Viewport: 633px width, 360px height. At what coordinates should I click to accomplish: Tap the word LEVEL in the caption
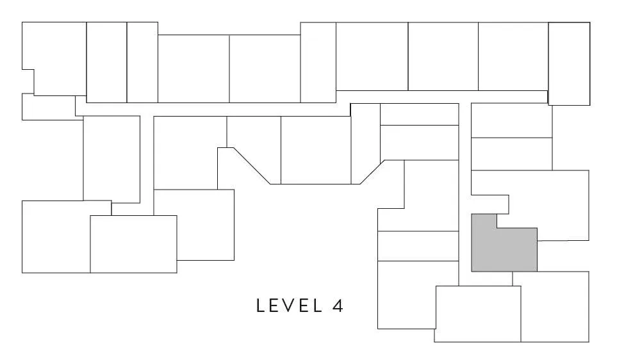pyautogui.click(x=290, y=306)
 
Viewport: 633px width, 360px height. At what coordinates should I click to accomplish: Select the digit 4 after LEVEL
pyautogui.click(x=338, y=306)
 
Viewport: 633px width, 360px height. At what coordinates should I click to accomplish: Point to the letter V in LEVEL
pyautogui.click(x=290, y=306)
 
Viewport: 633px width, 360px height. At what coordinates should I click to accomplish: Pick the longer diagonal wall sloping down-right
pyautogui.click(x=252, y=166)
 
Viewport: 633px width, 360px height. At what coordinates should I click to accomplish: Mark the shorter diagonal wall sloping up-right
pyautogui.click(x=372, y=172)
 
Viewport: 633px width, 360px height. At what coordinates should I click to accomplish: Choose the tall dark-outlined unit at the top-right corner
pyautogui.click(x=569, y=64)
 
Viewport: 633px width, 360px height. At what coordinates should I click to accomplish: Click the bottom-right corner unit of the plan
pyautogui.click(x=555, y=307)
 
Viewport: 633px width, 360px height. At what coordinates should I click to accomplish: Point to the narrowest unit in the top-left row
pyautogui.click(x=142, y=63)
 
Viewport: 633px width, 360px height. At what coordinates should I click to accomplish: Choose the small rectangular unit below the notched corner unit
pyautogui.click(x=49, y=107)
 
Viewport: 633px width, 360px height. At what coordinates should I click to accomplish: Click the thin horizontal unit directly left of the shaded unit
pyautogui.click(x=418, y=246)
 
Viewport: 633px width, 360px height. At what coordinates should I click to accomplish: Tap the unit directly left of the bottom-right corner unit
pyautogui.click(x=477, y=314)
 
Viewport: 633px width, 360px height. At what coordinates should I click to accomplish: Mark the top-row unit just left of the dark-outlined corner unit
pyautogui.click(x=513, y=56)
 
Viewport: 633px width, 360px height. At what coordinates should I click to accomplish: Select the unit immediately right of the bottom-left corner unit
pyautogui.click(x=133, y=244)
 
